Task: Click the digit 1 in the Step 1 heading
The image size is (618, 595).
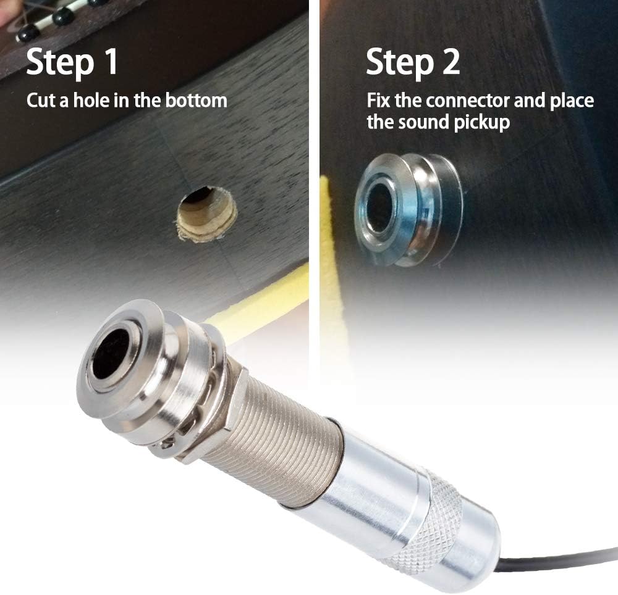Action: pyautogui.click(x=111, y=61)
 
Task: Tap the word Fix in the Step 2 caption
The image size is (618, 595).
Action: pyautogui.click(x=379, y=101)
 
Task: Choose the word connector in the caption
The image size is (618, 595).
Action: pyautogui.click(x=468, y=101)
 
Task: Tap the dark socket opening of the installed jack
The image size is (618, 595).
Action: pyautogui.click(x=380, y=210)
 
